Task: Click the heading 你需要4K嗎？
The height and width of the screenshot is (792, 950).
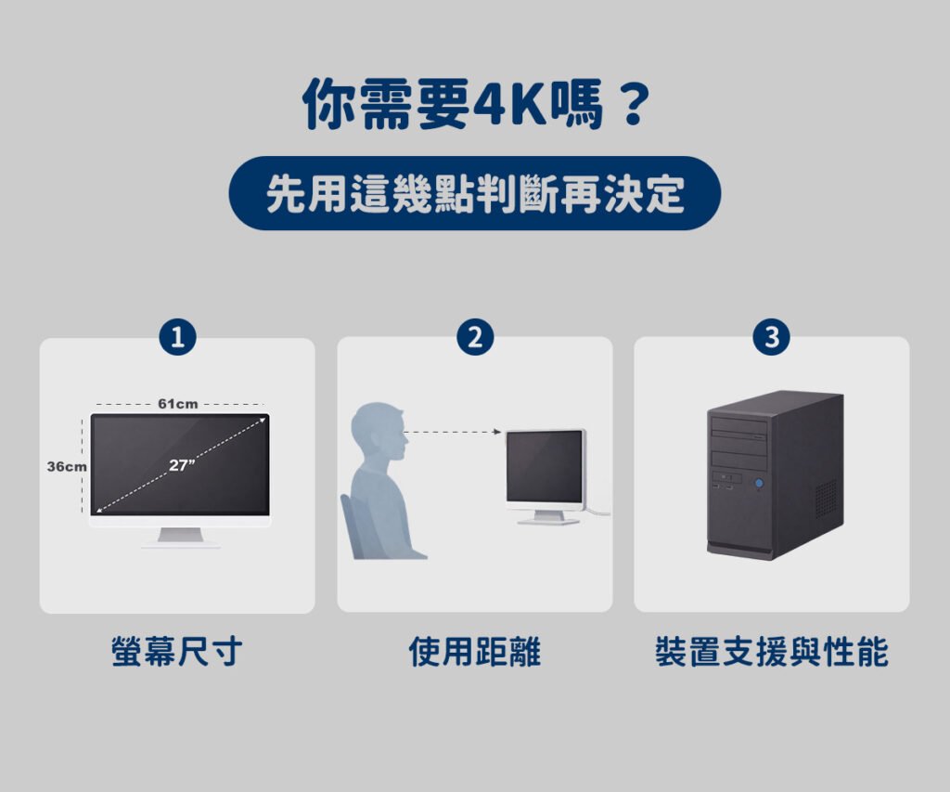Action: (476, 104)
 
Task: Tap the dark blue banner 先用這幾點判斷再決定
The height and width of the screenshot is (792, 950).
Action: (475, 193)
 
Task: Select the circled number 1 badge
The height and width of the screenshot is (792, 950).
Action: (177, 337)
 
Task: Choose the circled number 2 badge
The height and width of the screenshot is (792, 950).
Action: (475, 336)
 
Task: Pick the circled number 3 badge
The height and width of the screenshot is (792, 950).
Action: (771, 336)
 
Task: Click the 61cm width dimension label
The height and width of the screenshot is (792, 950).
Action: (177, 404)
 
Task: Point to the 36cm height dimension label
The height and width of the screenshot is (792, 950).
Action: (67, 467)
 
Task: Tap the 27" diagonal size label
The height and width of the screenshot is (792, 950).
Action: (182, 465)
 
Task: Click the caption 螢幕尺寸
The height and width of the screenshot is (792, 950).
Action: (177, 652)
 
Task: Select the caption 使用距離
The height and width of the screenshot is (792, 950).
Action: (475, 652)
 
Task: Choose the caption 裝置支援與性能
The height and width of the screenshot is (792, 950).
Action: (771, 652)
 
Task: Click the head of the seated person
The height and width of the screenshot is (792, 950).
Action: (379, 431)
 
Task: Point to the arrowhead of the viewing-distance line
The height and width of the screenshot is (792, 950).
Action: (497, 432)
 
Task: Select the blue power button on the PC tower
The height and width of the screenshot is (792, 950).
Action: (759, 484)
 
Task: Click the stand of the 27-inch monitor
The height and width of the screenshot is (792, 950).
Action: (180, 538)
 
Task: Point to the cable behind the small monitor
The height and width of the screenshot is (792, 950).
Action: (597, 512)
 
